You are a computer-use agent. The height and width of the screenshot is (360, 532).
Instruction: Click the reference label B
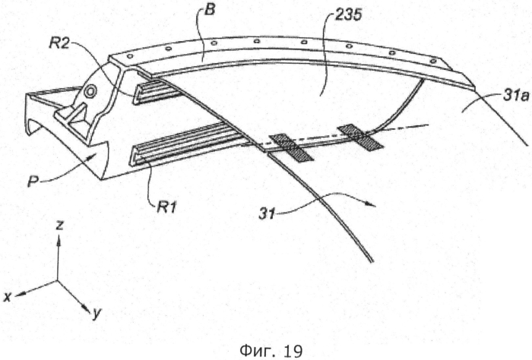click(211, 9)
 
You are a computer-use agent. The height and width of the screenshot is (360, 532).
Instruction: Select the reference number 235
click(348, 16)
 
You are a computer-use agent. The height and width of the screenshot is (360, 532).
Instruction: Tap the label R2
click(60, 43)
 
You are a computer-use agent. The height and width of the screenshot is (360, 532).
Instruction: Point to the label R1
click(166, 207)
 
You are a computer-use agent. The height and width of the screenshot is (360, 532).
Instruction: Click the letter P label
click(33, 182)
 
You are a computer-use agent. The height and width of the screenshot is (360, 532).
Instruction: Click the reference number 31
click(267, 213)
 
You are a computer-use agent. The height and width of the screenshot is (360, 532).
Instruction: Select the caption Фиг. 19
click(271, 351)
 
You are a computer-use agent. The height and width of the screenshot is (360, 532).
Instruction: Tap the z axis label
click(60, 225)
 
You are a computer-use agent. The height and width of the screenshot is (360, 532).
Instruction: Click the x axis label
click(7, 297)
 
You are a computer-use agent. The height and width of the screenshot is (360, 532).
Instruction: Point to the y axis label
click(97, 314)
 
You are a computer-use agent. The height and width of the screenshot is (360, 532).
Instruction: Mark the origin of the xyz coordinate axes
click(58, 280)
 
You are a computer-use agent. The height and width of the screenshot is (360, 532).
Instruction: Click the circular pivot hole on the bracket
click(90, 92)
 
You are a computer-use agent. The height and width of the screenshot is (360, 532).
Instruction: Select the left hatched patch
click(290, 147)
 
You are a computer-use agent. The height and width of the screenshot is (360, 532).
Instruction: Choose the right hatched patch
click(360, 137)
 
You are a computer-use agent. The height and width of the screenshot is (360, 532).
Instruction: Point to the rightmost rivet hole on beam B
click(432, 61)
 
